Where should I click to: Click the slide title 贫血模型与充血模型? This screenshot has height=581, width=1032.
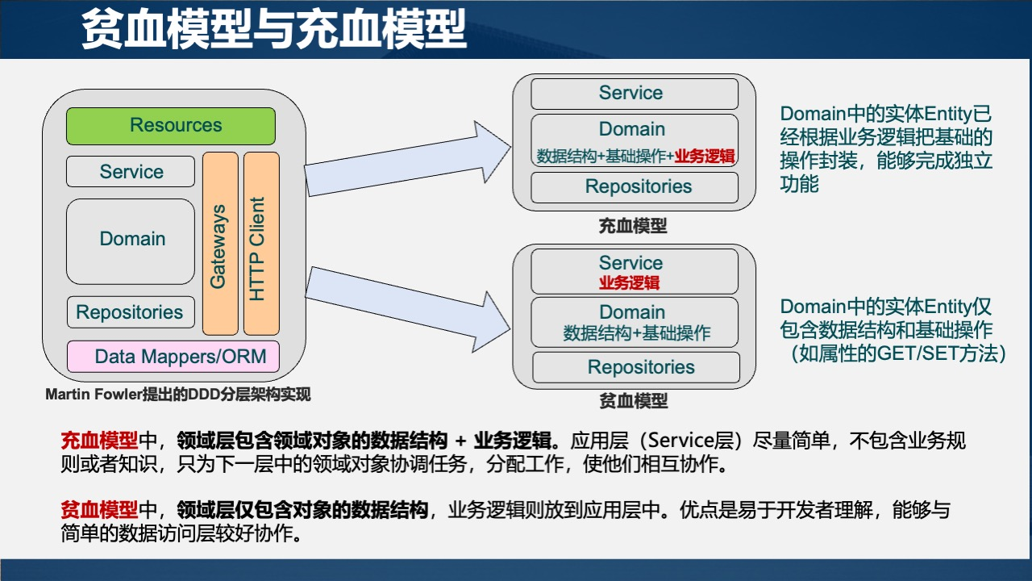coord(274,30)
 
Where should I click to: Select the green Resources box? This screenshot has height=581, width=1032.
coord(171,126)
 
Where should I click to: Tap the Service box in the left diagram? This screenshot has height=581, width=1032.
coord(131,172)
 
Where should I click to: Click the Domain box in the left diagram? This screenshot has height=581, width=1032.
coord(131,240)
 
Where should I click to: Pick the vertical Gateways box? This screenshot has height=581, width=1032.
coord(220,244)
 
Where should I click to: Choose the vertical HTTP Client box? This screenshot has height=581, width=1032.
coord(261,244)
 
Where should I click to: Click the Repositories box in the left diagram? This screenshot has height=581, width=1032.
coord(131,312)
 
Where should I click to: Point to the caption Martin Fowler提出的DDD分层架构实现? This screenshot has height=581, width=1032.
coord(177,395)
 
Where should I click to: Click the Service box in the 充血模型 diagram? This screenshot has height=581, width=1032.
coord(634,94)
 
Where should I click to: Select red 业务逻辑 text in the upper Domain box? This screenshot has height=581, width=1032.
coord(705,157)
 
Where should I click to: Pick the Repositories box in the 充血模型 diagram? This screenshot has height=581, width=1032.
coord(634,187)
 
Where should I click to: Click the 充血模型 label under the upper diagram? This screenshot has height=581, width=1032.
coord(633,226)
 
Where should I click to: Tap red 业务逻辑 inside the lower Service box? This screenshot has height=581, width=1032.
coord(630,283)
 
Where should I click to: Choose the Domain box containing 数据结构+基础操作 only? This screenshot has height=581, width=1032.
coord(635,323)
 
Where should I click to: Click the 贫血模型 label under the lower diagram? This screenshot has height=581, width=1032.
coord(634,401)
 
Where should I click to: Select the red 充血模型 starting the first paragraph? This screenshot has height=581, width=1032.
coord(99,441)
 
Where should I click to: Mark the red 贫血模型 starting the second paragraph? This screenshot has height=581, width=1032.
coord(99,510)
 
